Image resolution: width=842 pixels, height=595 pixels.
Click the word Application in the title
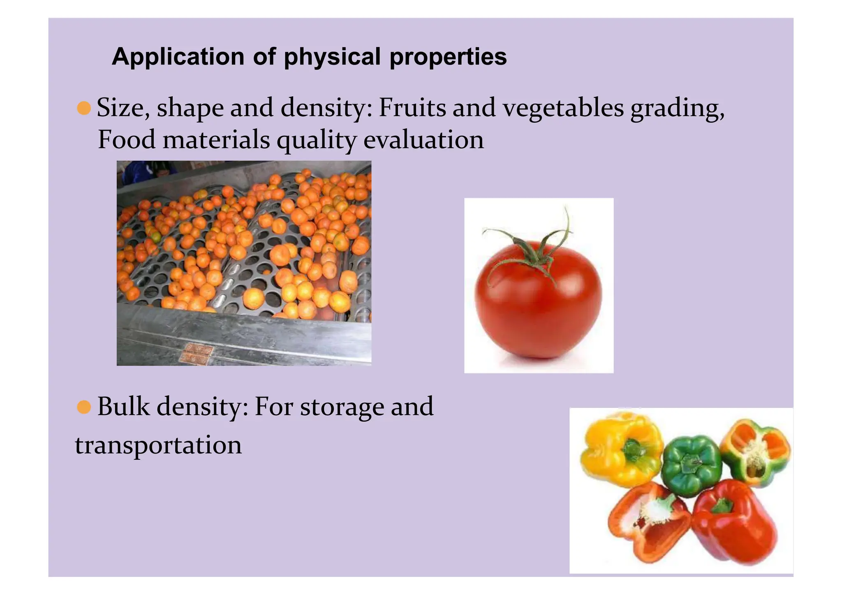(178, 57)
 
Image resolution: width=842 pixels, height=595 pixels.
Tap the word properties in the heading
(448, 57)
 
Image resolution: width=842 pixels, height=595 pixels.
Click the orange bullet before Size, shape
(84, 108)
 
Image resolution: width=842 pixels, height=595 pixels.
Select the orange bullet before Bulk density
(84, 407)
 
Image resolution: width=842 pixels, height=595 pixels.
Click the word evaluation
(423, 140)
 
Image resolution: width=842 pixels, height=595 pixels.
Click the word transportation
(158, 445)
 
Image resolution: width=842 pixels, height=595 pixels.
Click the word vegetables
(563, 109)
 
